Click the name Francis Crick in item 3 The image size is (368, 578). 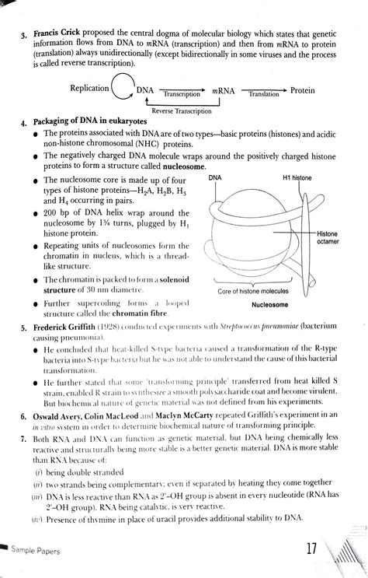click(57, 36)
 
